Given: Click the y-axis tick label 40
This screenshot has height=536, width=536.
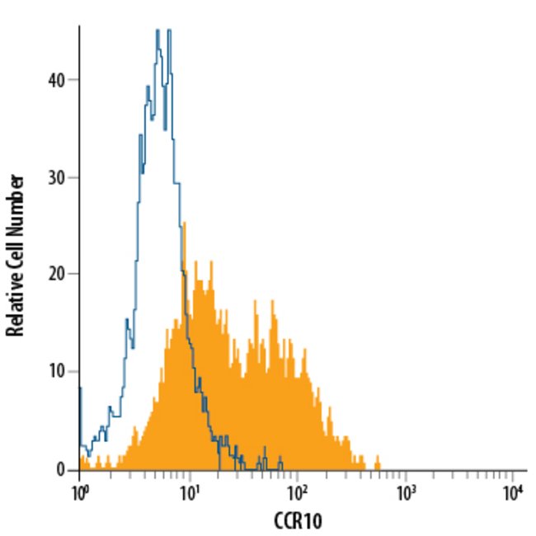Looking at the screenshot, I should (x=55, y=80).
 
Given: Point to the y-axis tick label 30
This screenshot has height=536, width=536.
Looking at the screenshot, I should (x=55, y=177).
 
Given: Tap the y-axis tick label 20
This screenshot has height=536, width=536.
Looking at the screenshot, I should (x=55, y=275).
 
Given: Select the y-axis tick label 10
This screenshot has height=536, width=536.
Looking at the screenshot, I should (x=55, y=372).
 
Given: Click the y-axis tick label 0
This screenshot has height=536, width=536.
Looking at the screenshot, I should (x=60, y=469).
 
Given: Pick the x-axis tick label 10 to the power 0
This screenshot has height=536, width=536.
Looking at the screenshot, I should (x=80, y=491).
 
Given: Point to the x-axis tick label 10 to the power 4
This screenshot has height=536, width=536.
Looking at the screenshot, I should (x=513, y=491).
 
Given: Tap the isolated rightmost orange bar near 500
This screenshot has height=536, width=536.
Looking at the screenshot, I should (x=378, y=462).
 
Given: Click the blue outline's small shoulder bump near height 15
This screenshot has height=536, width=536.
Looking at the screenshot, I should (x=127, y=322).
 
